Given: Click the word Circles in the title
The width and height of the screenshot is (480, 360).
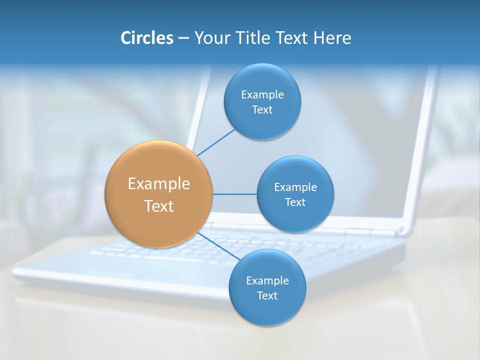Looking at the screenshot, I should [x=146, y=38].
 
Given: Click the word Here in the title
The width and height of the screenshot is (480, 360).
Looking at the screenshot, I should [x=332, y=38].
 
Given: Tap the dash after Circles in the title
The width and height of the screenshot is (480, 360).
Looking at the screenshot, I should [x=183, y=38].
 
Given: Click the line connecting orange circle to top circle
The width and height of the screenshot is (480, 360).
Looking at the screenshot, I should [x=216, y=142].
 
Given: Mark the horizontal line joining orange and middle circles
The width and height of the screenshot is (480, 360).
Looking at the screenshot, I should [x=234, y=194].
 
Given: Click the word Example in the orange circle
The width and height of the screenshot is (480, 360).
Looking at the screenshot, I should [x=158, y=184].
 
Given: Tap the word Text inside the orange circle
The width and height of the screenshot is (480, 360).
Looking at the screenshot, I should [x=158, y=206].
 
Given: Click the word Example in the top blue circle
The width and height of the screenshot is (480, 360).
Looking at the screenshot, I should [x=262, y=95].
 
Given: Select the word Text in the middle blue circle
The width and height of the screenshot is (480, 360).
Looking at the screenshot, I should [x=295, y=202].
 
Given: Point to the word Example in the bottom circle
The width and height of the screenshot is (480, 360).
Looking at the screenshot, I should [x=267, y=281].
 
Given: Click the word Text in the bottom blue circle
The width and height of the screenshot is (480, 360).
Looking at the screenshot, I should [x=267, y=296].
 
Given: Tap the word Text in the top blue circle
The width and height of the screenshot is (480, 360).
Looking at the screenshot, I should [x=262, y=110].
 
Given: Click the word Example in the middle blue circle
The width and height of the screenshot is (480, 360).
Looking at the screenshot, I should [x=295, y=187].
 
